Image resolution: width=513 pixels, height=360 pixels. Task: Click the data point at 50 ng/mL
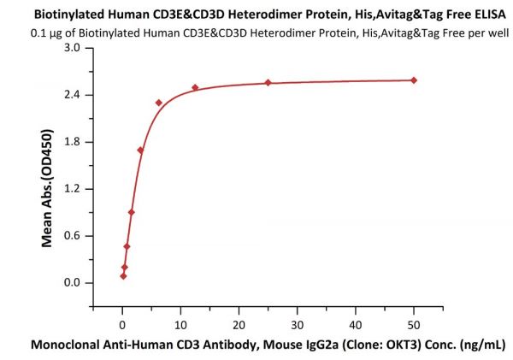(414, 80)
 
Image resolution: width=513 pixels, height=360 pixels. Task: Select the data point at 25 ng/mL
(268, 83)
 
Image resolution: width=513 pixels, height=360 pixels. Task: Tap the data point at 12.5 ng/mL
(195, 88)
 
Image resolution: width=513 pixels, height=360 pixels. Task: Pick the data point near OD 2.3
(159, 103)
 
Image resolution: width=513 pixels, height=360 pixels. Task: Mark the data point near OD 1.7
(140, 150)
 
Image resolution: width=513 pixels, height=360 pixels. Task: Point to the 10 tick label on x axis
(180, 326)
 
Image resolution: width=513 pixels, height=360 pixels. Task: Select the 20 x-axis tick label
(239, 326)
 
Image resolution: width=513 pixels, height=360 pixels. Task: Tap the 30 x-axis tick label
(297, 326)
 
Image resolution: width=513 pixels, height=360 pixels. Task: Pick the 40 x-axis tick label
(355, 326)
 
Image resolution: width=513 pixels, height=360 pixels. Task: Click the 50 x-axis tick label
(414, 326)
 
